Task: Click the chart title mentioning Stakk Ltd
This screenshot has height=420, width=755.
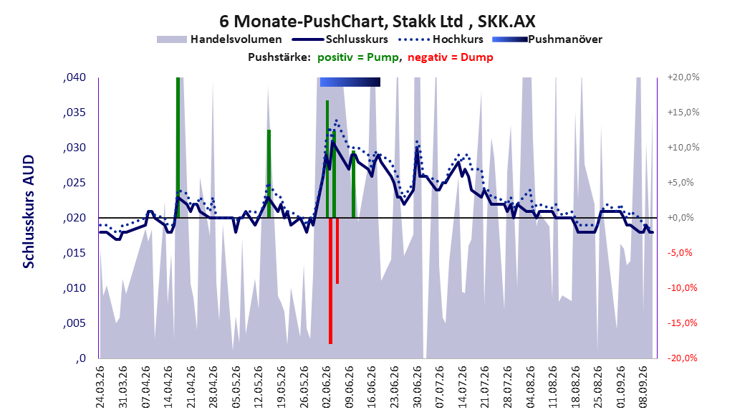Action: click(x=377, y=22)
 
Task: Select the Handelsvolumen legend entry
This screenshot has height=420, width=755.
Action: click(x=219, y=39)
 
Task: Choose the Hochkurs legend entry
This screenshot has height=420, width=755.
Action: click(x=441, y=39)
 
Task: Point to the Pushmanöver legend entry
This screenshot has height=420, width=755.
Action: click(x=547, y=39)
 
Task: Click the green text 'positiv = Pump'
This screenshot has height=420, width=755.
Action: click(x=357, y=57)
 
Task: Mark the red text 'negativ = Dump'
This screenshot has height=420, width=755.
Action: click(x=451, y=57)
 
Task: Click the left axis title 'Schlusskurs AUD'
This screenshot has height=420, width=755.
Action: click(x=29, y=211)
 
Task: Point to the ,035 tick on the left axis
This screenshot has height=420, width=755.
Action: click(x=74, y=113)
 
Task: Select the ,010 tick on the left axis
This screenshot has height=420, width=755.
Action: click(x=74, y=288)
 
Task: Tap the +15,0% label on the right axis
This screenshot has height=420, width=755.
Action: click(x=683, y=113)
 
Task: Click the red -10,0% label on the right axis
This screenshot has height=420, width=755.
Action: click(x=682, y=288)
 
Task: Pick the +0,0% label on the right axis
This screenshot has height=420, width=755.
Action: click(x=681, y=218)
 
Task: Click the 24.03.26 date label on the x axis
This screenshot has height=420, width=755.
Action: click(x=100, y=387)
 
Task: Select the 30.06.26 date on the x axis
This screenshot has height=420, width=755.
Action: click(x=417, y=387)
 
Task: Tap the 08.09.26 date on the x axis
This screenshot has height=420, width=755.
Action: click(x=643, y=387)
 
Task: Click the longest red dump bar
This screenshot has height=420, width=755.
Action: click(x=330, y=281)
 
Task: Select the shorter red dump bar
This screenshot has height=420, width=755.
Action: click(x=337, y=251)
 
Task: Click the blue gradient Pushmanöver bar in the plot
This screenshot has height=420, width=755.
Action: click(x=350, y=82)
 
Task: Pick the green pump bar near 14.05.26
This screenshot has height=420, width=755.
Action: click(x=269, y=174)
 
